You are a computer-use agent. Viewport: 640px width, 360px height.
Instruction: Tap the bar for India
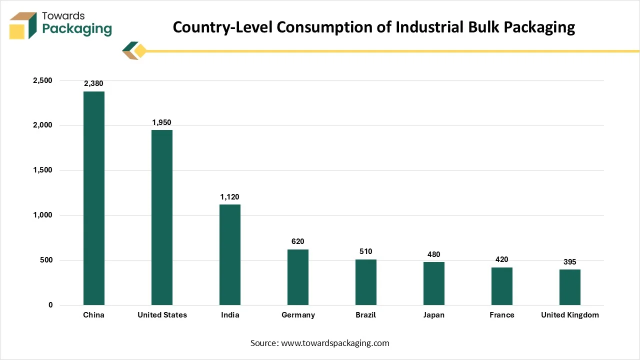(x=229, y=254)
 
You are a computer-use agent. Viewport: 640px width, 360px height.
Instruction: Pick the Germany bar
(x=297, y=277)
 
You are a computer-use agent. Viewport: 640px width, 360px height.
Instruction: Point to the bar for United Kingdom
(x=569, y=287)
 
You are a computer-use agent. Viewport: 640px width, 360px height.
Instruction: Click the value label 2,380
(x=93, y=83)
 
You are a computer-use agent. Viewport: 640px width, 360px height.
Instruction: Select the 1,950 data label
(x=161, y=122)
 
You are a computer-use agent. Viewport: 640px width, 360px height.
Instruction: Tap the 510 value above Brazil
(x=365, y=251)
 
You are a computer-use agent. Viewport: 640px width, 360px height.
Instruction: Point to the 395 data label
(x=569, y=262)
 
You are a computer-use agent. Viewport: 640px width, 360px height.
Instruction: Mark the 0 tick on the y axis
(x=50, y=305)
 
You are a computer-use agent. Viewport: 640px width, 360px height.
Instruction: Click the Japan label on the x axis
(x=433, y=315)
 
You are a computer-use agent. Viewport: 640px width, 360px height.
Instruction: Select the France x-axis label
(x=501, y=315)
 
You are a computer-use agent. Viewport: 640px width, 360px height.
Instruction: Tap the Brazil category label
(x=365, y=315)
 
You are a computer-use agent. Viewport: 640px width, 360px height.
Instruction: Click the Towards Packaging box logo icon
(x=23, y=25)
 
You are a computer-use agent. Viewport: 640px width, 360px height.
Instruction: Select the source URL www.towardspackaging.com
(x=335, y=343)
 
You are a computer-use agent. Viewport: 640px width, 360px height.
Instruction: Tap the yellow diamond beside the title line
(x=140, y=51)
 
